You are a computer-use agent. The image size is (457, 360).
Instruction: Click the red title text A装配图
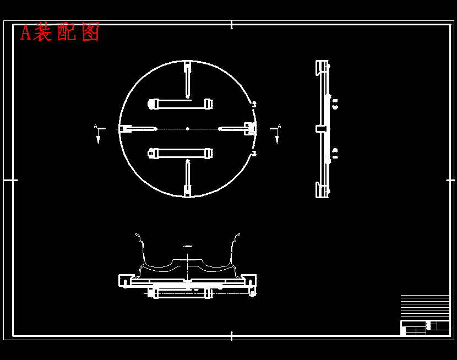pos(59,32)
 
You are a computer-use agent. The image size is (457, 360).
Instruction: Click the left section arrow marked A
pos(98,134)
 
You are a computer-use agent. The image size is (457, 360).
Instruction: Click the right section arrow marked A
pos(276,134)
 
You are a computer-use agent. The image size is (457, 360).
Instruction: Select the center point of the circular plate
pos(187,129)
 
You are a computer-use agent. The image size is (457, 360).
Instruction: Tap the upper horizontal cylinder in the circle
pos(181,103)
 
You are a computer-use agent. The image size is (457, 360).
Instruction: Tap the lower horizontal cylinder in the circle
pos(181,154)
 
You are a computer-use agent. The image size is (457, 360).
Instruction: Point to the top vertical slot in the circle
pos(187,80)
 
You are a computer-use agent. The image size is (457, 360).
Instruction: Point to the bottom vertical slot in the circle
pos(187,178)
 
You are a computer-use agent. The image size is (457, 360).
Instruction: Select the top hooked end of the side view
pos(320,67)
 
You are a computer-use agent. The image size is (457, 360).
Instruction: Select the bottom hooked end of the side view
pos(320,190)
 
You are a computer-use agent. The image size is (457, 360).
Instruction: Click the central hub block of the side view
pos(321,129)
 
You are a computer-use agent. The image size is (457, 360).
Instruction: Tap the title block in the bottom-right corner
pos(425,327)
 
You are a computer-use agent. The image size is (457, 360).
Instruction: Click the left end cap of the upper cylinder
pos(153,103)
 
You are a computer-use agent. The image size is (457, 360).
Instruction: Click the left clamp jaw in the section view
pos(125,281)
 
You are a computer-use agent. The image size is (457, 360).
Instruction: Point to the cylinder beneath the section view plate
pos(181,293)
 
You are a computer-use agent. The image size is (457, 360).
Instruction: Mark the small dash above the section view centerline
pos(188,246)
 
